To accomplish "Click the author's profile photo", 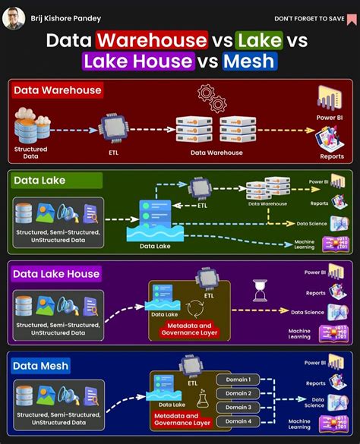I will (x=14, y=17).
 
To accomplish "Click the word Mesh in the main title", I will (x=250, y=61).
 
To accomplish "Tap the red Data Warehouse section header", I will (x=57, y=90).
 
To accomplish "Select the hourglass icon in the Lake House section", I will (x=258, y=289).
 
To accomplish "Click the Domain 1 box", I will (x=238, y=379).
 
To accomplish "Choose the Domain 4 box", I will (x=238, y=421).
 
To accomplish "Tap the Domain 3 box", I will (x=238, y=408).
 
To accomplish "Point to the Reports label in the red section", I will (x=331, y=156).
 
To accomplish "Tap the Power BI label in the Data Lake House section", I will (x=315, y=272).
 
